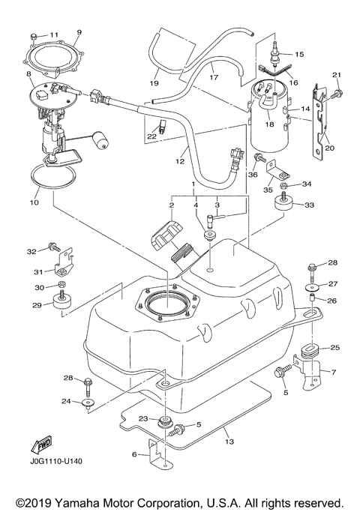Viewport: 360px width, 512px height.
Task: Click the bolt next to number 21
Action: coord(335,93)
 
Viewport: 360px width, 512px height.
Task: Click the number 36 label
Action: coord(252,175)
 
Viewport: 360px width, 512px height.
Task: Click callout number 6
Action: coord(134,454)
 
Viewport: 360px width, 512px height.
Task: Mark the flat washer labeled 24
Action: coord(88,403)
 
